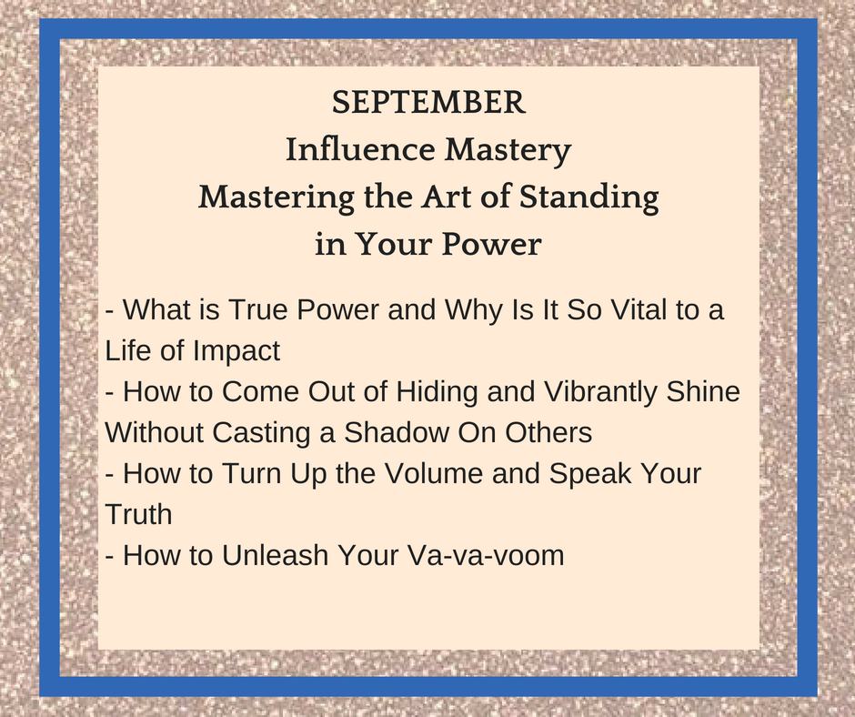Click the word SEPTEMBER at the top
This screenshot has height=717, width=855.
click(x=428, y=102)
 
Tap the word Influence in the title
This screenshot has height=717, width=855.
click(x=360, y=149)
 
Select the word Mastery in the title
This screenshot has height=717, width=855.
click(x=508, y=151)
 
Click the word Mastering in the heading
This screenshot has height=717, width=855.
click(x=276, y=198)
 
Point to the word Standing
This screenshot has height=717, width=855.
click(x=588, y=198)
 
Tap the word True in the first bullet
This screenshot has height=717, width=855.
click(x=258, y=309)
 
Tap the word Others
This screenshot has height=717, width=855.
click(x=548, y=432)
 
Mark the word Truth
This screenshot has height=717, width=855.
click(x=138, y=514)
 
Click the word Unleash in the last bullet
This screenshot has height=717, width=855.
click(x=276, y=555)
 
